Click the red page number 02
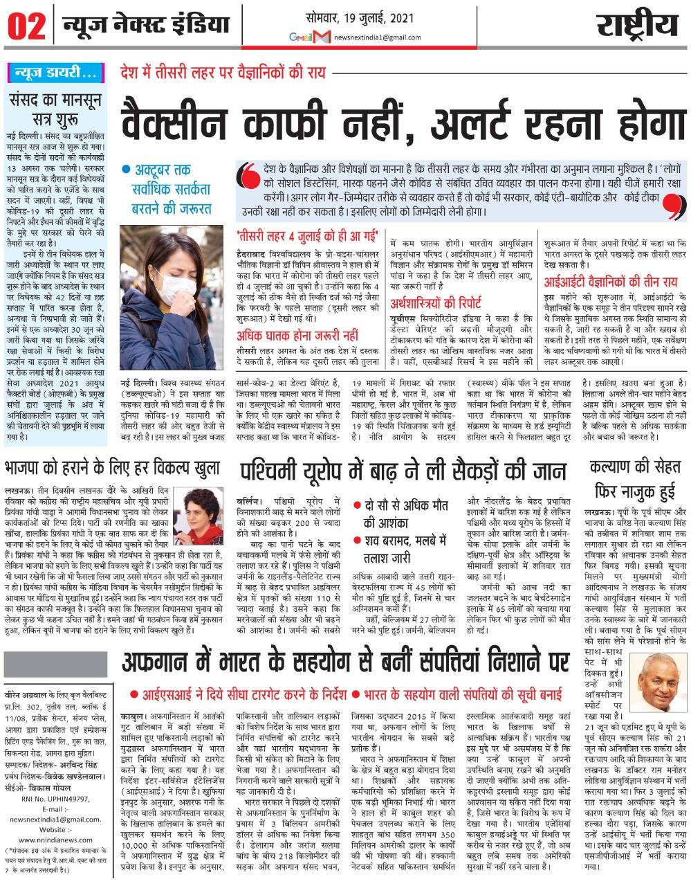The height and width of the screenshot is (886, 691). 26,26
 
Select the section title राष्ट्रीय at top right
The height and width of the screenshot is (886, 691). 636,26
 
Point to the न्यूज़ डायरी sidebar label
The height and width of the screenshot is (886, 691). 53,72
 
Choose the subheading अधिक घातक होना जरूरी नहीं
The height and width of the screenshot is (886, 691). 298,336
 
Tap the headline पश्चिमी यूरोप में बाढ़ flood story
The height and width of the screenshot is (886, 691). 394,471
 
